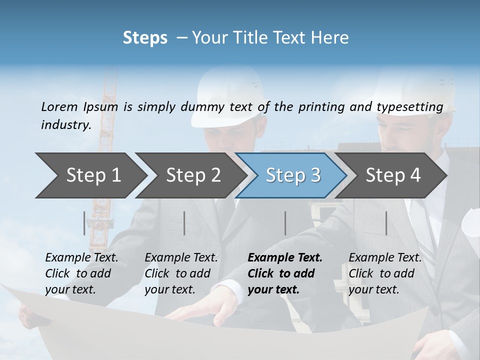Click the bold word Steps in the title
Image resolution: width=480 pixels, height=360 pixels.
[x=145, y=38]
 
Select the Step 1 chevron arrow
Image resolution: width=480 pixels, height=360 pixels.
[x=90, y=175]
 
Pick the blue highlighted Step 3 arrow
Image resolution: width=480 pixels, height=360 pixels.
[x=292, y=175]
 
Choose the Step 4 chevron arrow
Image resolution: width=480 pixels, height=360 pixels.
[x=392, y=175]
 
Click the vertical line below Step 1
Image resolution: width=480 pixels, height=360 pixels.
[x=84, y=223]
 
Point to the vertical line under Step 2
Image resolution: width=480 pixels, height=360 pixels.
[x=184, y=223]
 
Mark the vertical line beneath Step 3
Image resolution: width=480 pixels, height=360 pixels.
[x=285, y=223]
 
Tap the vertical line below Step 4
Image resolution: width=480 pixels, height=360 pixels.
[x=386, y=223]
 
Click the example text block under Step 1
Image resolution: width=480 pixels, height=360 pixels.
[x=81, y=273]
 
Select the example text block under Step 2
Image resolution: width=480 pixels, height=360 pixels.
[x=181, y=273]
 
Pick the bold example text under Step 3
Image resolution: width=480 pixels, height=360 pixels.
[x=285, y=273]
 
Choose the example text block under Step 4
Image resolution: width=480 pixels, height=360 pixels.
[x=385, y=273]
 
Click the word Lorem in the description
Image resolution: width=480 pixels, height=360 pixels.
[x=59, y=107]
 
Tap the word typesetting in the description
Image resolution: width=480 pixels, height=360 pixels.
[x=413, y=107]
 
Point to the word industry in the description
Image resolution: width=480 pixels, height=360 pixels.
[x=65, y=125]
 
